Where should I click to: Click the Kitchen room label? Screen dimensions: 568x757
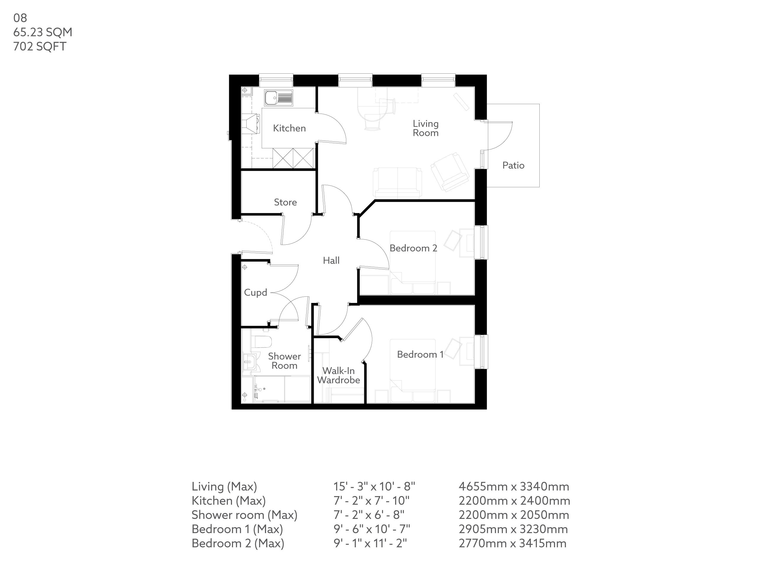click(x=289, y=128)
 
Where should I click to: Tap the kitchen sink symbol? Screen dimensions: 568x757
click(x=278, y=98)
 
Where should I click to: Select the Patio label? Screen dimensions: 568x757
click(x=513, y=165)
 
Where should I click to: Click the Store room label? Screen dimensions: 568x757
click(x=285, y=202)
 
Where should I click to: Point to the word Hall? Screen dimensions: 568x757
click(x=331, y=261)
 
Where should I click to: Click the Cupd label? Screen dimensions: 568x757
click(x=255, y=293)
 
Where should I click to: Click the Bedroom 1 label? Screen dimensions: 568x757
click(x=420, y=354)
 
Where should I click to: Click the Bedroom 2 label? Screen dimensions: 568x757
click(x=413, y=248)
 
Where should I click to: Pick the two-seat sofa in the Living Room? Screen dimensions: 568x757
click(x=397, y=182)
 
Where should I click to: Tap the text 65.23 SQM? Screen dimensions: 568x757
click(x=43, y=32)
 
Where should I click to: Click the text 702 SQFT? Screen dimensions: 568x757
click(x=40, y=46)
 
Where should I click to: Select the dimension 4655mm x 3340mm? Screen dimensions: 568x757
click(x=514, y=487)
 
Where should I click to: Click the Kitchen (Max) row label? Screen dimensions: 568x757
click(x=228, y=501)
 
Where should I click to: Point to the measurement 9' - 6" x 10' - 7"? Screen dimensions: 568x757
click(x=372, y=529)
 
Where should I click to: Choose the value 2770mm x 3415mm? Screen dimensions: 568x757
click(x=512, y=543)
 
